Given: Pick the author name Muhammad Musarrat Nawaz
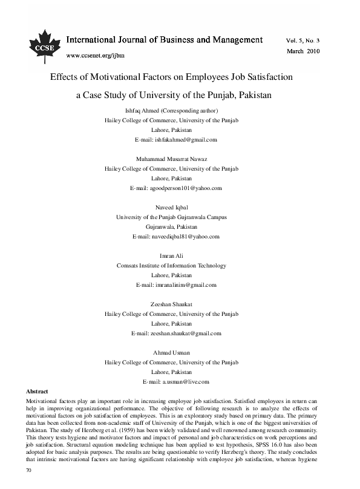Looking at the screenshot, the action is (172, 159).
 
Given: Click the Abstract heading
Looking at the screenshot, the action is (34, 392).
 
